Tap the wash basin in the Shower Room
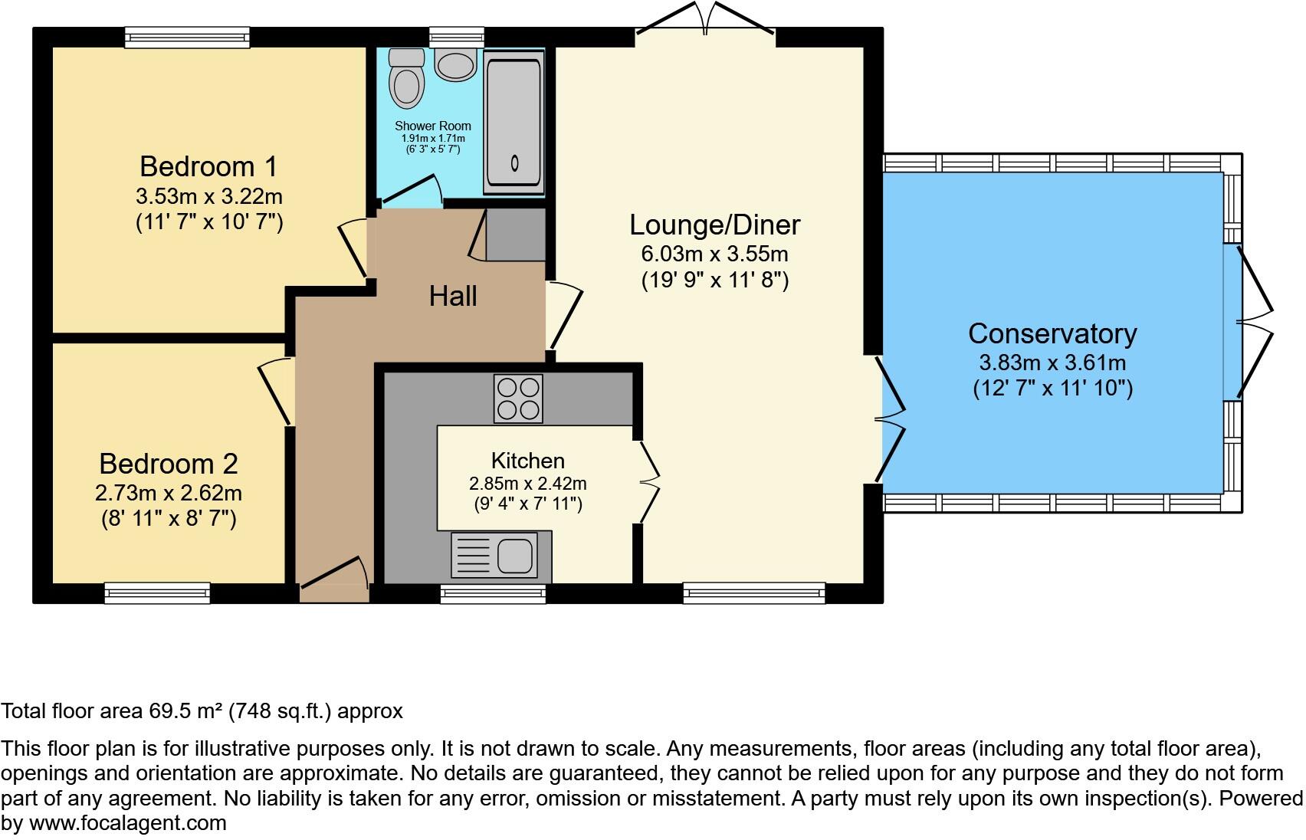[455, 64]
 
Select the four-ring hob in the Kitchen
[518, 399]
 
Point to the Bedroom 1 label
[208, 166]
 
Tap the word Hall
[453, 296]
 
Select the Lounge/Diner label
[714, 225]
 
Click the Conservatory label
[1052, 333]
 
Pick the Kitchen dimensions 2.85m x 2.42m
[527, 484]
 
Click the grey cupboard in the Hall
[515, 234]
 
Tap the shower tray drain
[514, 162]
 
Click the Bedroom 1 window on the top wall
[188, 37]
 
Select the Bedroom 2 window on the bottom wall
[157, 592]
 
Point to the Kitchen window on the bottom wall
[493, 593]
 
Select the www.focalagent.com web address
[128, 823]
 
